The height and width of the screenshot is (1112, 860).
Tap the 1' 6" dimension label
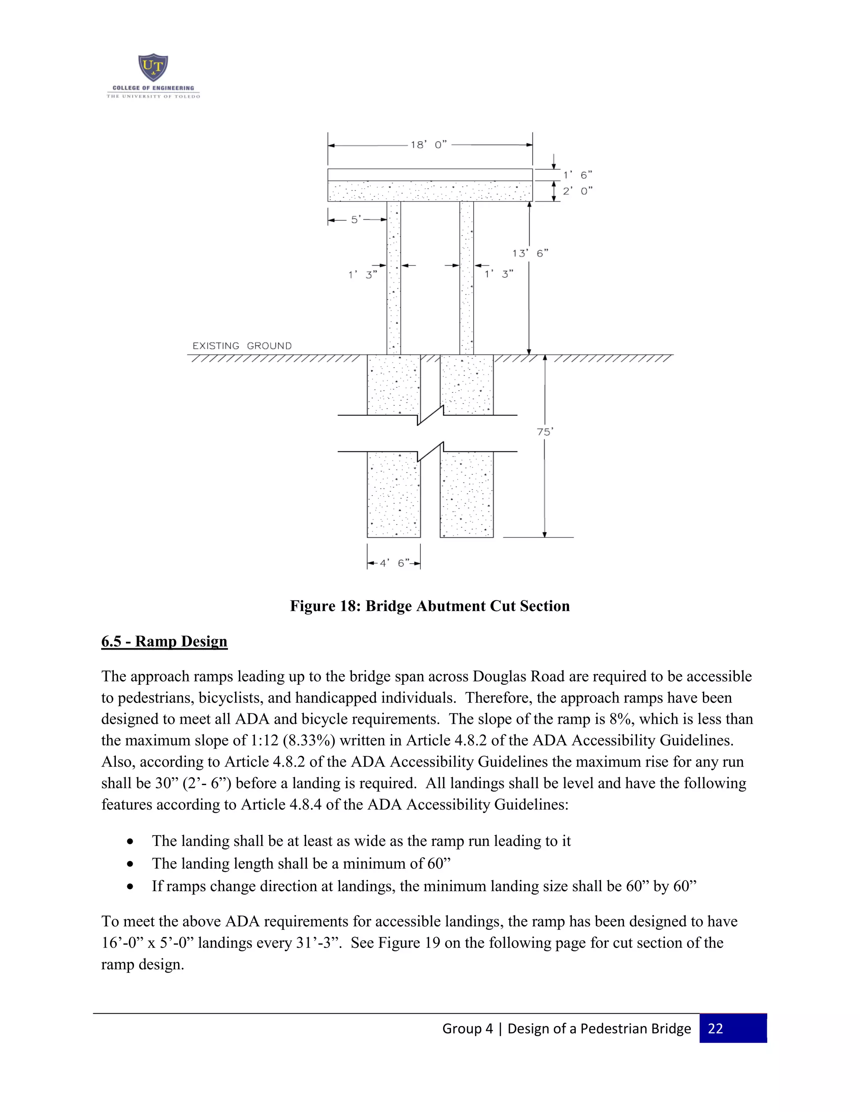(x=577, y=175)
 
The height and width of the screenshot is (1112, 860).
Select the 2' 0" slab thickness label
(x=577, y=191)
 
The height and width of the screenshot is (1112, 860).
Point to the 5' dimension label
(x=356, y=220)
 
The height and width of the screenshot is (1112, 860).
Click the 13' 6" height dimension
(x=530, y=253)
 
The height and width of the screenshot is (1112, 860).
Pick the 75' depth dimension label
(x=545, y=432)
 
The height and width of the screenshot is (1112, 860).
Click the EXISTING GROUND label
(x=242, y=346)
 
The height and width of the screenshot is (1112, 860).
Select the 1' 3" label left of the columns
(x=362, y=275)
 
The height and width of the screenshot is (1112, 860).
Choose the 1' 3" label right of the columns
(x=498, y=274)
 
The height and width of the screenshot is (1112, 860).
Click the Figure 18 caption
(x=430, y=606)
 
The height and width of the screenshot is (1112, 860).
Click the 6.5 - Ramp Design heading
(x=164, y=642)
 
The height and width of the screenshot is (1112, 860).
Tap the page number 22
(x=715, y=1028)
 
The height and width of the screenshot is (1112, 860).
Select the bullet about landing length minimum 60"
(x=301, y=864)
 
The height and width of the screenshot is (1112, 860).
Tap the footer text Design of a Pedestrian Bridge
(x=599, y=1028)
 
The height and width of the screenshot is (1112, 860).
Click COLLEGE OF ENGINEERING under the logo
(x=153, y=88)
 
